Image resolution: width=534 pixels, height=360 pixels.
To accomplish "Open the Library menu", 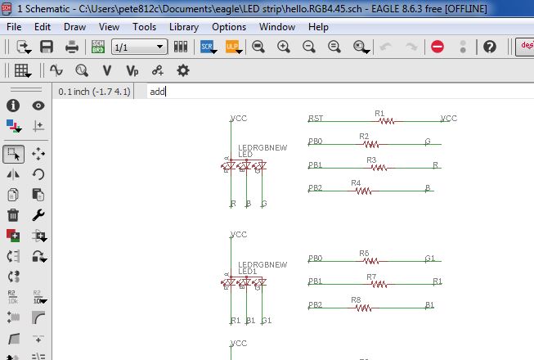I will tap(183, 27).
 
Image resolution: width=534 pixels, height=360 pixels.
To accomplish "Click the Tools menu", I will tap(144, 27).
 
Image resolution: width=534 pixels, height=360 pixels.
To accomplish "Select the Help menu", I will tap(318, 27).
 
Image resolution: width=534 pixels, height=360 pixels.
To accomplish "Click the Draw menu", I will tap(74, 27).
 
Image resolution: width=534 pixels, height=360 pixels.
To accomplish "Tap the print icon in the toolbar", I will tap(72, 47).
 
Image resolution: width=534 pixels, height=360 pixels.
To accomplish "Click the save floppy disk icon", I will tap(47, 47).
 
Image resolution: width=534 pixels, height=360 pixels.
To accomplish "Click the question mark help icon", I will tap(490, 47).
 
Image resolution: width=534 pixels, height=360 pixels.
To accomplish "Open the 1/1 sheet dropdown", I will tap(138, 47).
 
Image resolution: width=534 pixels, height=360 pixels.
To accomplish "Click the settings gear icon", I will tap(182, 70).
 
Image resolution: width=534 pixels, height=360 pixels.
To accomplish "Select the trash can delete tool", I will tap(13, 215).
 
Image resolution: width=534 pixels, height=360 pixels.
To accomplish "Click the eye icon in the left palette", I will tap(38, 106).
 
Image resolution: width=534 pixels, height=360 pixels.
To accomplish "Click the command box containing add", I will tap(327, 92).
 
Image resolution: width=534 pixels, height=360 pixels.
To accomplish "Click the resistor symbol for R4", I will tap(361, 191).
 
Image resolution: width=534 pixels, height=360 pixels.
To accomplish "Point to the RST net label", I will tap(315, 119).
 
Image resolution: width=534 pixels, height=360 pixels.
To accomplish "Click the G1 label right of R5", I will tap(429, 259).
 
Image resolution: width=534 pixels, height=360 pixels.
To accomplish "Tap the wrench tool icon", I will tap(38, 215).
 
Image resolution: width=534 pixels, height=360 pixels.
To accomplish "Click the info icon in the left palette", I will tap(13, 106).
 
